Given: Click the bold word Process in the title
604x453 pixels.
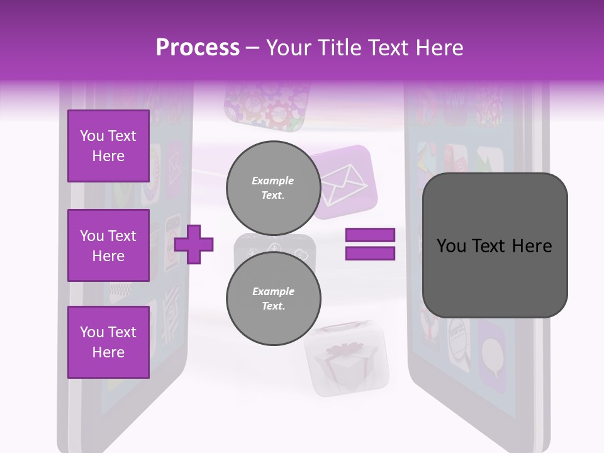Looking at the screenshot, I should pyautogui.click(x=198, y=48).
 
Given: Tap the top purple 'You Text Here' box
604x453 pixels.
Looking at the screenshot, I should pyautogui.click(x=108, y=146).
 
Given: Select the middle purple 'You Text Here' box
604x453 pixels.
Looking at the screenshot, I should pyautogui.click(x=108, y=245).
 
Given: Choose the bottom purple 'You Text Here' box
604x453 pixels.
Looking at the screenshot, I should pyautogui.click(x=108, y=342).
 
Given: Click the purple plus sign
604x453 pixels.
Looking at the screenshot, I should pyautogui.click(x=194, y=244).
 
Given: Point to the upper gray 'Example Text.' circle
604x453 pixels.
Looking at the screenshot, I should pyautogui.click(x=273, y=187).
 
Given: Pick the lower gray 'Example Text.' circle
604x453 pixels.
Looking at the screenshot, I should pyautogui.click(x=273, y=298).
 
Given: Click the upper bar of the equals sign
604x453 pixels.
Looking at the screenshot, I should pyautogui.click(x=370, y=235).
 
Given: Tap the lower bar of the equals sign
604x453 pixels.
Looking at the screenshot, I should pyautogui.click(x=370, y=253).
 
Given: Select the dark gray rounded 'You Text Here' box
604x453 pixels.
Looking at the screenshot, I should pyautogui.click(x=495, y=245).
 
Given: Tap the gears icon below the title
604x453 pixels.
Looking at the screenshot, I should pyautogui.click(x=267, y=105).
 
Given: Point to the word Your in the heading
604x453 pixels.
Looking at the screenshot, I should pyautogui.click(x=288, y=48).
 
